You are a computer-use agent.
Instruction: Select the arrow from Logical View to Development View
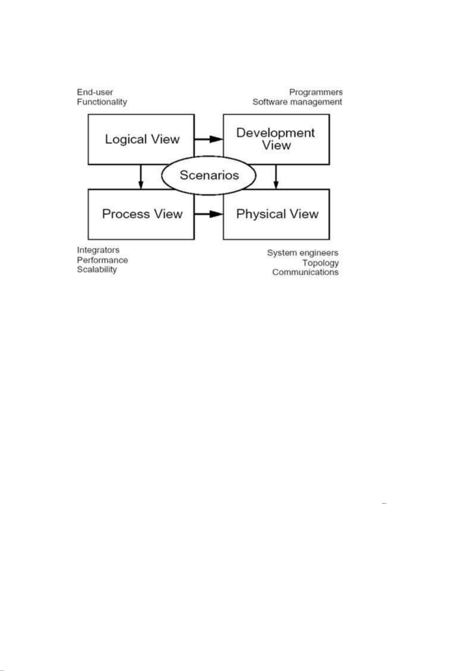(209, 139)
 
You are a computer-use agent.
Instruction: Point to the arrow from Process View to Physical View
(209, 214)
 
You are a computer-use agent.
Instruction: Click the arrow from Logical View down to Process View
(141, 177)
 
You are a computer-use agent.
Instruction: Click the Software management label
(297, 102)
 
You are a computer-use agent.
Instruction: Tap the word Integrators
(98, 250)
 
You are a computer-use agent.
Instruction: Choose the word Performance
(102, 260)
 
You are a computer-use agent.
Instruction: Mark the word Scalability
(97, 269)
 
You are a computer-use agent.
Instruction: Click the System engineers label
(303, 253)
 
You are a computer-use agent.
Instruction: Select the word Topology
(320, 263)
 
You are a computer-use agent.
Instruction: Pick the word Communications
(306, 272)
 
